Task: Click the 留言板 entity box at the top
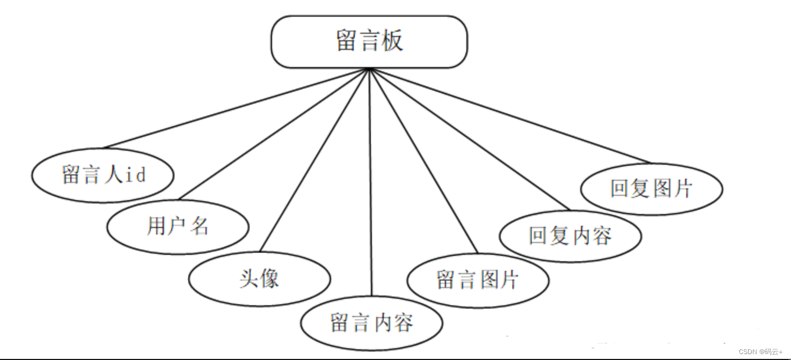[x=369, y=42]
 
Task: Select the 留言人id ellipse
[x=102, y=175]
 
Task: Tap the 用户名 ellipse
[x=178, y=227]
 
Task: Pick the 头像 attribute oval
[x=260, y=279]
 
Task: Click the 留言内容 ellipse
[x=371, y=323]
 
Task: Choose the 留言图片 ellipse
[x=478, y=280]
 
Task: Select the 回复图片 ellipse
[x=651, y=189]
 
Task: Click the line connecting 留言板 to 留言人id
[x=236, y=108]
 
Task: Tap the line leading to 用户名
[x=274, y=134]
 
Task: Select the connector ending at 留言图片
[x=423, y=160]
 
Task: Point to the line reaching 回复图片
[x=510, y=116]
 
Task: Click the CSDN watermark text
[x=760, y=352]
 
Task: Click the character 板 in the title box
[x=393, y=41]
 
